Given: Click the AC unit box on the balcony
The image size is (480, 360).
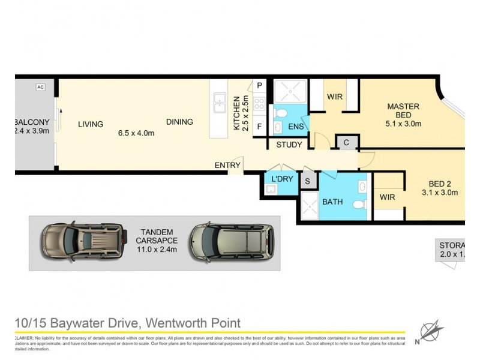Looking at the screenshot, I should pyautogui.click(x=40, y=87).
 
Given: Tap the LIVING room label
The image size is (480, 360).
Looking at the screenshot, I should pyautogui.click(x=91, y=124).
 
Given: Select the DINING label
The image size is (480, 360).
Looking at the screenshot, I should pyautogui.click(x=179, y=122).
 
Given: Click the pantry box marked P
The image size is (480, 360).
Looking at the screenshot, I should pyautogui.click(x=259, y=86).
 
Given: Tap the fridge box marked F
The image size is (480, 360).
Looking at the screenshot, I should pyautogui.click(x=259, y=127).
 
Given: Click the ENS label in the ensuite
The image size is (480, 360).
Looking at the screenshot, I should pyautogui.click(x=296, y=127).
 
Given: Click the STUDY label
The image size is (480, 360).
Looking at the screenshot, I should pyautogui.click(x=289, y=145).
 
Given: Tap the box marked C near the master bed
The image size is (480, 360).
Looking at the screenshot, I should pyautogui.click(x=347, y=142).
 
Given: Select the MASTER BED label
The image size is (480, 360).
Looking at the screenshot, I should pyautogui.click(x=403, y=111).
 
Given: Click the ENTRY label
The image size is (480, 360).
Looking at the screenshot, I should pyautogui.click(x=227, y=165).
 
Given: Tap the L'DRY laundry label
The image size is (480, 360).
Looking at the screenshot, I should pyautogui.click(x=281, y=180).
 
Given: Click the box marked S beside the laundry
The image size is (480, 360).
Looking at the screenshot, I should pyautogui.click(x=308, y=181).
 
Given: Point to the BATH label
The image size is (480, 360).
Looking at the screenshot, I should pyautogui.click(x=332, y=202).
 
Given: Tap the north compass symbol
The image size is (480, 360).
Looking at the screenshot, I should pyautogui.click(x=431, y=332).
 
